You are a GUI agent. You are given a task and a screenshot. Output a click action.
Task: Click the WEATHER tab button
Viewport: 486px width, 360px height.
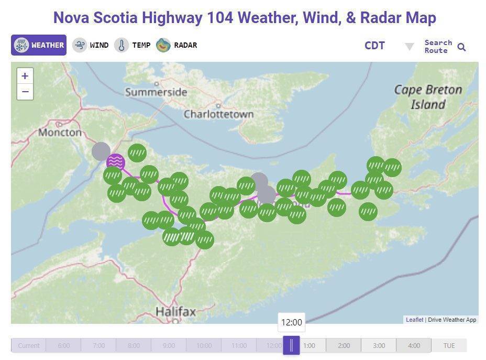point(39,45)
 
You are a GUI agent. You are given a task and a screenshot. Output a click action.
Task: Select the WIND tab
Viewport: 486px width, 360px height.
point(91,45)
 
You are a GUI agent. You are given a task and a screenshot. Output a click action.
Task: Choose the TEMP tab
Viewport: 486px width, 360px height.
point(132,45)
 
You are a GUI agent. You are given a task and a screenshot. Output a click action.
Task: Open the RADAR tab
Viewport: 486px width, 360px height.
point(176,45)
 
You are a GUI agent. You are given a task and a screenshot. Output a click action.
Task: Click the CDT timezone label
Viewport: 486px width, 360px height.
point(374,46)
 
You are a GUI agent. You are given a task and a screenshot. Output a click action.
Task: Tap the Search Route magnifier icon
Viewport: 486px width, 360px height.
point(461,47)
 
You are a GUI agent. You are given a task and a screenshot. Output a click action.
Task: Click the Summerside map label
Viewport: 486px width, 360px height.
point(156,92)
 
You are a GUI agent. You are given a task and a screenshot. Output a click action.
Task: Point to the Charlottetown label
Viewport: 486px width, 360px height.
point(218,114)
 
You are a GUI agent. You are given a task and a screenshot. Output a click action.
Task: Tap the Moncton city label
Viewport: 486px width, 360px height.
point(60,132)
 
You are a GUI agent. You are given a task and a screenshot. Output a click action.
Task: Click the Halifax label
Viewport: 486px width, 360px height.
point(175,312)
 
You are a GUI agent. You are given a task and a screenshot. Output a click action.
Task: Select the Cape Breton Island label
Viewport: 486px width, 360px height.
point(428,97)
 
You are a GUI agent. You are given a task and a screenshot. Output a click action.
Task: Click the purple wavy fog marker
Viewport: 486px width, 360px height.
point(116,162)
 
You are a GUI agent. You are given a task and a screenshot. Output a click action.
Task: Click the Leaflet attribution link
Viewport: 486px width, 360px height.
point(414,320)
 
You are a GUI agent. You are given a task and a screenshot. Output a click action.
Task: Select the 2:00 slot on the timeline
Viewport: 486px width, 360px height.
point(344,345)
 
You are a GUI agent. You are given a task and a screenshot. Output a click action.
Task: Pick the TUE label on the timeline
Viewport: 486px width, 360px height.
point(449,345)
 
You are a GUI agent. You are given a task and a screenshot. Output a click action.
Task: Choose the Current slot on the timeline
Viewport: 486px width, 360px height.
point(28,345)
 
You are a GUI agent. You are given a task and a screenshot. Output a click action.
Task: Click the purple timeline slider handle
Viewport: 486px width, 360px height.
point(291,345)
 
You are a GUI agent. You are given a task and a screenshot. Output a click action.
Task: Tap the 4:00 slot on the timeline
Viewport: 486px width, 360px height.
point(414,345)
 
